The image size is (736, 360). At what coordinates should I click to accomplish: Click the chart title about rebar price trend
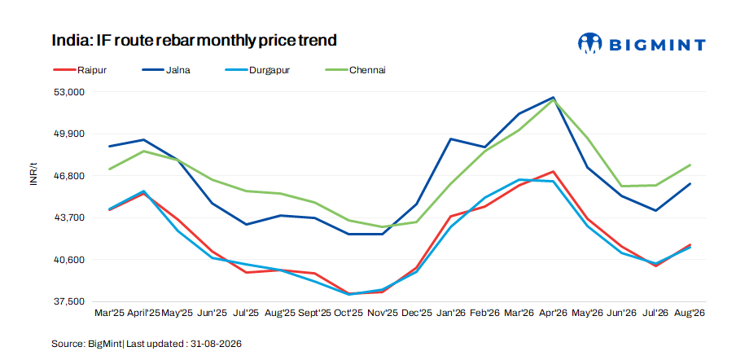click(x=195, y=41)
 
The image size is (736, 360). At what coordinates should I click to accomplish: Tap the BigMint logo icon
click(x=589, y=44)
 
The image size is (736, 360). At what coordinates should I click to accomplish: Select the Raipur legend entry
click(x=80, y=70)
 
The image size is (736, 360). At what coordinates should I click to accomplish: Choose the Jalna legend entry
click(x=166, y=70)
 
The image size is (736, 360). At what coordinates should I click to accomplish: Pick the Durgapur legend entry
click(x=261, y=70)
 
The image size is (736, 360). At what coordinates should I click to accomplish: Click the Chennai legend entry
click(x=356, y=70)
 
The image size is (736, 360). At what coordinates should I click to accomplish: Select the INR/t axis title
click(x=33, y=174)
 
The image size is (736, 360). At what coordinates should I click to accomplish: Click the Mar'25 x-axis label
click(x=110, y=313)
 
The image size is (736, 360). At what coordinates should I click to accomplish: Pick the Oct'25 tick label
click(x=348, y=313)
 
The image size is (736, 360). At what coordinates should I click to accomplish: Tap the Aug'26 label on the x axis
click(x=690, y=313)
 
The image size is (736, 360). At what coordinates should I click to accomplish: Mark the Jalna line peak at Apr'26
click(x=554, y=97)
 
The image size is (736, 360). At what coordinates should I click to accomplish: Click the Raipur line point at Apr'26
click(x=554, y=171)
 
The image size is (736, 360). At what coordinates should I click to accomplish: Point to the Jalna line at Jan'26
click(x=451, y=139)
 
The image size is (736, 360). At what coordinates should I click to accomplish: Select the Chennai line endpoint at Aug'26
click(x=690, y=165)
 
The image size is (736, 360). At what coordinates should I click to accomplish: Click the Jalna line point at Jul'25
click(x=247, y=224)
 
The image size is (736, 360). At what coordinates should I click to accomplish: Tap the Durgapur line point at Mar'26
click(x=519, y=180)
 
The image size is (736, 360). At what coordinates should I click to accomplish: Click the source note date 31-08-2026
click(x=216, y=344)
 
